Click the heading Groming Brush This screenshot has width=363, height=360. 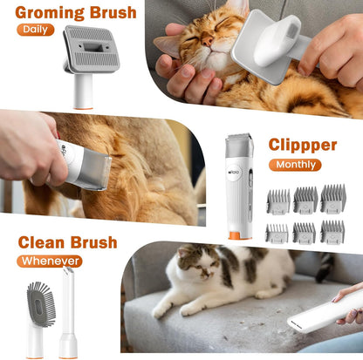pyautogui.click(x=76, y=13)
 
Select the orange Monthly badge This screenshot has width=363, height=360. pyautogui.click(x=294, y=164)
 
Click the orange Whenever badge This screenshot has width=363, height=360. pyautogui.click(x=49, y=261)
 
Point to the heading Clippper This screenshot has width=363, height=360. pyautogui.click(x=302, y=144)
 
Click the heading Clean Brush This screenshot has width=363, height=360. pyautogui.click(x=67, y=242)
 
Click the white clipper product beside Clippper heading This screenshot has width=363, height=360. pyautogui.click(x=236, y=183)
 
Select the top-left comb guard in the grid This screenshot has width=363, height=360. pyautogui.click(x=277, y=200)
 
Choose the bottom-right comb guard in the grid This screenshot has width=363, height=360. pyautogui.click(x=332, y=232)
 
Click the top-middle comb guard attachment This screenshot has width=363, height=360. pyautogui.click(x=305, y=200)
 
